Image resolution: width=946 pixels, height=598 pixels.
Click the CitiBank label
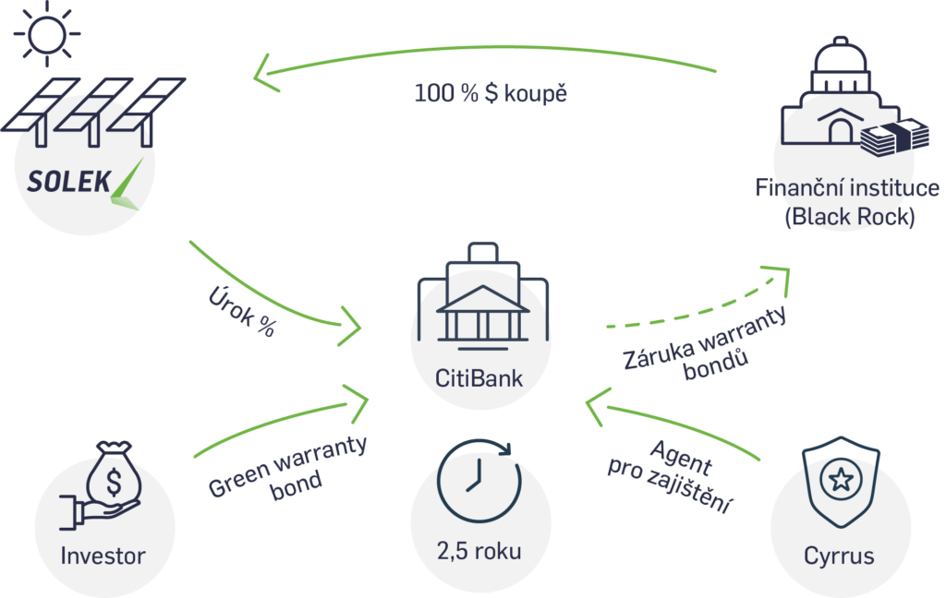[x=479, y=377]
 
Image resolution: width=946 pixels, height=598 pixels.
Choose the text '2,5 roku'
[x=479, y=552]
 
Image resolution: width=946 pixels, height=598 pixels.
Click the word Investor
[x=103, y=556]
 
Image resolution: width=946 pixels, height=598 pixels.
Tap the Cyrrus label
[x=839, y=556]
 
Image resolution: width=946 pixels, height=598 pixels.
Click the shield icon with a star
[x=839, y=481]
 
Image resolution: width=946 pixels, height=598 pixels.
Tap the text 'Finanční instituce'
[x=846, y=188]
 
